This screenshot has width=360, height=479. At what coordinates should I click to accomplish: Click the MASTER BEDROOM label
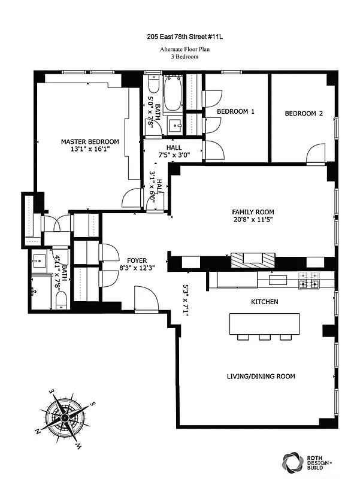[x=90, y=142]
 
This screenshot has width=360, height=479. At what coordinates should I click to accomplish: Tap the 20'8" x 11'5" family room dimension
[x=253, y=220]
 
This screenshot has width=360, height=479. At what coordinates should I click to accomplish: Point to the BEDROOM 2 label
[x=304, y=113]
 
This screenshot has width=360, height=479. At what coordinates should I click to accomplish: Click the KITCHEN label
[x=264, y=302]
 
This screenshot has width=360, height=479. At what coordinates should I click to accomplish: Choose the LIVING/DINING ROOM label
[x=261, y=376]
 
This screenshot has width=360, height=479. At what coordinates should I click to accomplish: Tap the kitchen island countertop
[x=264, y=323]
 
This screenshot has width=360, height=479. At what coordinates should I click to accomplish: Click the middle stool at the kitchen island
[x=264, y=337]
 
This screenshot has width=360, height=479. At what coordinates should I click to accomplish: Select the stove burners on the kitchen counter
[x=309, y=279]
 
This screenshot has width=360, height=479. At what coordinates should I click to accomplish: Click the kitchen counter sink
[x=277, y=279]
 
